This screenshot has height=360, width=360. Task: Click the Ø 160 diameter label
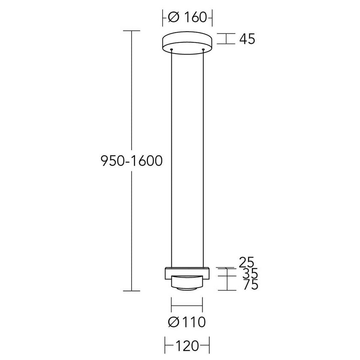(x=188, y=17)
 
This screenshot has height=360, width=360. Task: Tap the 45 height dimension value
(x=247, y=39)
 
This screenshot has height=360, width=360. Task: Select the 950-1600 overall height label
(x=132, y=161)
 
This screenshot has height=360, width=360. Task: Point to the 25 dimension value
(x=246, y=262)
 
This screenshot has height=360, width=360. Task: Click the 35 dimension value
(x=250, y=274)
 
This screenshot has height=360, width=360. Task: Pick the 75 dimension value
(x=251, y=285)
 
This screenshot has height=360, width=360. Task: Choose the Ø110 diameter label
(x=187, y=322)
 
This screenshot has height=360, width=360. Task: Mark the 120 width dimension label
(x=187, y=346)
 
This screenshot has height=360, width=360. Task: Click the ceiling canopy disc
(x=187, y=42)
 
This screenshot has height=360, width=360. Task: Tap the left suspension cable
(x=172, y=159)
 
